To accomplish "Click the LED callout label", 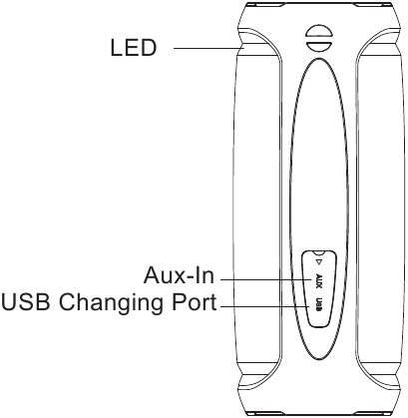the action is (133, 48).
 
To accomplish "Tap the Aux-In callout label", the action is (179, 275).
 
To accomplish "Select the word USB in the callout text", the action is (27, 302).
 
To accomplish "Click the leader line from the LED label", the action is (209, 48).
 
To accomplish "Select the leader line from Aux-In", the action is (265, 279).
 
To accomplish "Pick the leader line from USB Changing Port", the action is (264, 306).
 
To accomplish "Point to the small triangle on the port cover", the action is (318, 262).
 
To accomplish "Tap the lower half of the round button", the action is (319, 46).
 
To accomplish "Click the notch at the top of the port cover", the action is (319, 252).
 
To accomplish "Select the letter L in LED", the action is (115, 48).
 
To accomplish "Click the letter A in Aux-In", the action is (152, 275).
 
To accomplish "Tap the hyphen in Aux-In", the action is (189, 277).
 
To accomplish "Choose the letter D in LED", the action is (148, 48).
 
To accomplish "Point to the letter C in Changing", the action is (67, 302).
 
